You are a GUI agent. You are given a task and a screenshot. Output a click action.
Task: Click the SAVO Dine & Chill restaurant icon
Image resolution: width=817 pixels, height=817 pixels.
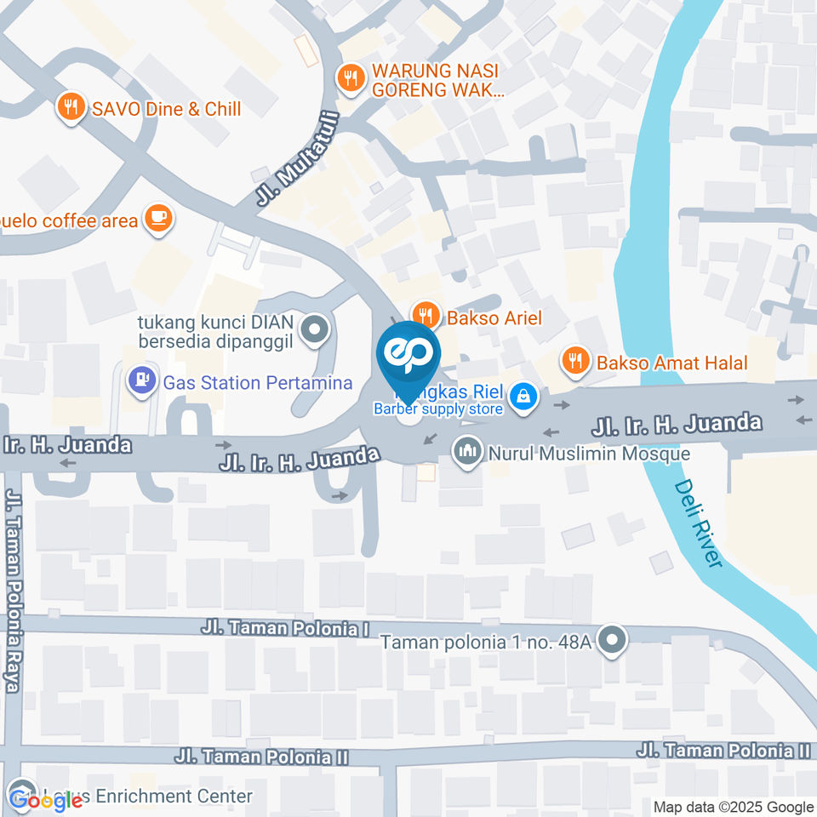[71, 107]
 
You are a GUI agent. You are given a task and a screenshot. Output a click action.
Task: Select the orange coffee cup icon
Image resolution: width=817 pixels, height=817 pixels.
[157, 217]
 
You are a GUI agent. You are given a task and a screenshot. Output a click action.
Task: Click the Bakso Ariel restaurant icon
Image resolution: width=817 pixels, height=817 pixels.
[426, 316]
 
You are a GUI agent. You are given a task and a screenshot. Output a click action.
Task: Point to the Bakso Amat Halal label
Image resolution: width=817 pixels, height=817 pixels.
[671, 363]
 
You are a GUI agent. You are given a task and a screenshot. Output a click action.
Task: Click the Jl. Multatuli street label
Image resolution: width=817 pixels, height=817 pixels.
[290, 174]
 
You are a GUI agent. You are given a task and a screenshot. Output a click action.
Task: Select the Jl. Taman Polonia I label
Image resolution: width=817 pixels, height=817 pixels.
[285, 628]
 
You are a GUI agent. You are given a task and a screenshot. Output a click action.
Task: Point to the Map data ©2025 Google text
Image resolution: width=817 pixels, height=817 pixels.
[733, 807]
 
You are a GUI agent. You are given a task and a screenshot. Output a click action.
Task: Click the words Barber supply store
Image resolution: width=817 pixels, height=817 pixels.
[438, 409]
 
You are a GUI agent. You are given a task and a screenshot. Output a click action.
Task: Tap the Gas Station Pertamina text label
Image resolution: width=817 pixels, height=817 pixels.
[258, 383]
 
